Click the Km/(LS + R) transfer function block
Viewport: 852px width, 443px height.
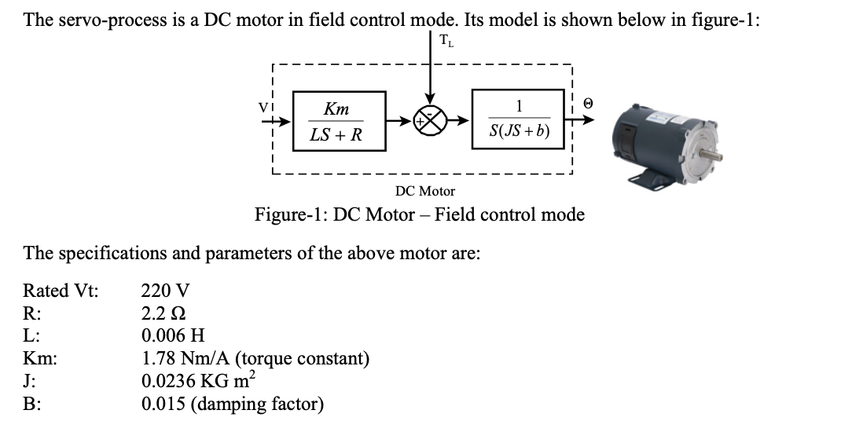tap(338, 122)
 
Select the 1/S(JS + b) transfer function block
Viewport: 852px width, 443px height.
tap(518, 122)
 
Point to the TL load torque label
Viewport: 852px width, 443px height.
tap(446, 41)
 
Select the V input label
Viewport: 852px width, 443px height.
tap(272, 104)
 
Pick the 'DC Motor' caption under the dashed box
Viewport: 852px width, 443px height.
tap(424, 191)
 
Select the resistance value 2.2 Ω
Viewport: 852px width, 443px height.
tap(163, 313)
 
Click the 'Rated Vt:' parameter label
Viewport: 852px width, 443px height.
tap(61, 291)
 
